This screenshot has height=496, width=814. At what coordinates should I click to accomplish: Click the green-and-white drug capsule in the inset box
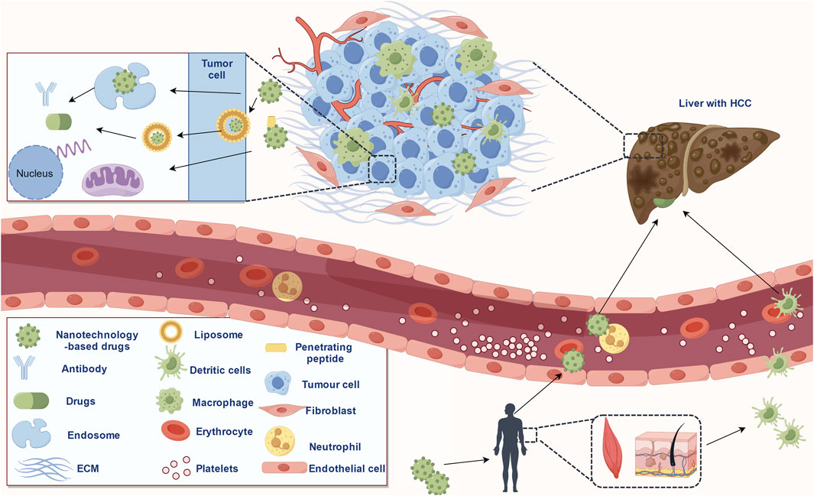pos(57,122)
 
